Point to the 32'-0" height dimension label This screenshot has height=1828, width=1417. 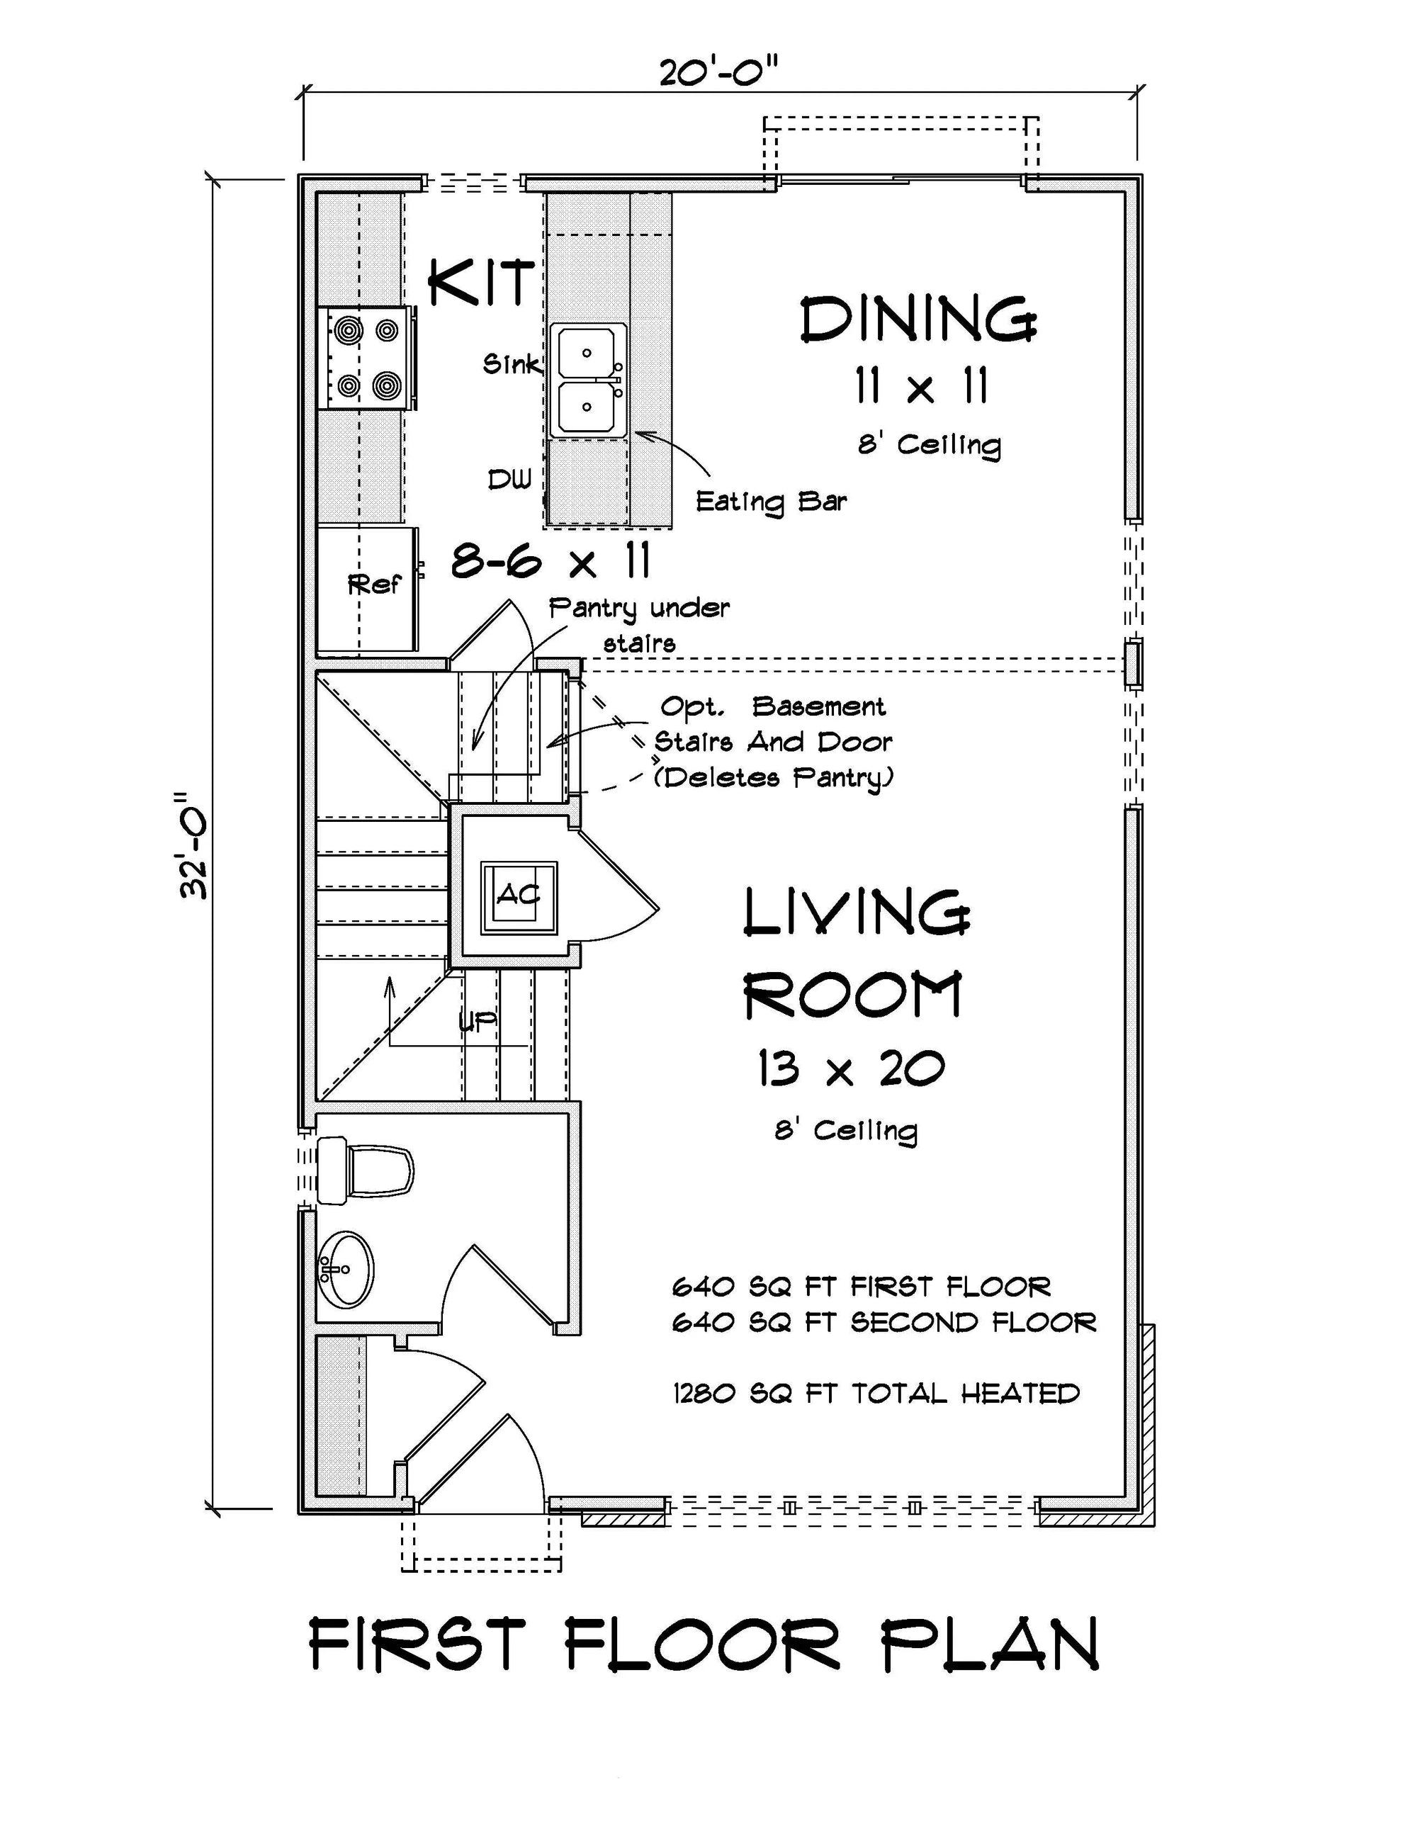[195, 845]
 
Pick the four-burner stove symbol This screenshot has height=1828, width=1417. [366, 357]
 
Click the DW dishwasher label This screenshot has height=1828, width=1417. [509, 480]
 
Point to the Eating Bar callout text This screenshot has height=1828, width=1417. [771, 502]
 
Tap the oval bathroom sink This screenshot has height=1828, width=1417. [346, 1268]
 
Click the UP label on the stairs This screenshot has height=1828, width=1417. [478, 1021]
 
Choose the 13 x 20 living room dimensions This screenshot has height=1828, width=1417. [850, 1069]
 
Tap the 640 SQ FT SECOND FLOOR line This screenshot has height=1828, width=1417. [883, 1322]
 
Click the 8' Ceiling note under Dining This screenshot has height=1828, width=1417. [929, 444]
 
